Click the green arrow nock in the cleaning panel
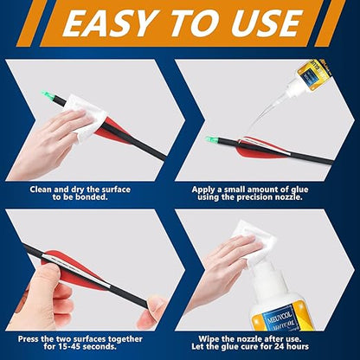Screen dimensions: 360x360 click(x=47, y=94)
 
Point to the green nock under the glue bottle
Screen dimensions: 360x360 click(x=210, y=138)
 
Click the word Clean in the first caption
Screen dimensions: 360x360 click(x=44, y=188)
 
